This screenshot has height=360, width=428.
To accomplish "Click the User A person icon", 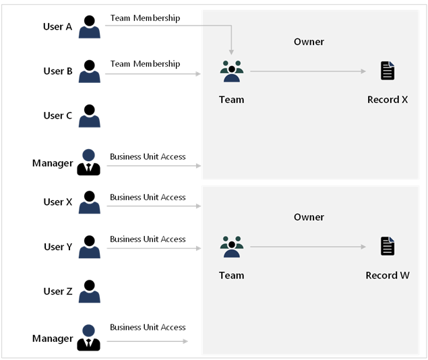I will tap(89, 27).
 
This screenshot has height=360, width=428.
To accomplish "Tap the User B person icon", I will tap(89, 71).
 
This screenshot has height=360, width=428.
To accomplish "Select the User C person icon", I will tap(89, 116).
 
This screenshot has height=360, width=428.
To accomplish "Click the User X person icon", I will tap(89, 202).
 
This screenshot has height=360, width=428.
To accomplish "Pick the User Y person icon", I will tap(89, 247).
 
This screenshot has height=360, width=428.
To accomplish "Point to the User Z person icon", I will tap(89, 291).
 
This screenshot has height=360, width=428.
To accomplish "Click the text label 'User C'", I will tap(58, 116).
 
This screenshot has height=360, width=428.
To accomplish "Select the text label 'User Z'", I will tap(58, 291).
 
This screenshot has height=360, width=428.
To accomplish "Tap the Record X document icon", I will tap(388, 71).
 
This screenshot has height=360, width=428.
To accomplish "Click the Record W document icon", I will tap(388, 246).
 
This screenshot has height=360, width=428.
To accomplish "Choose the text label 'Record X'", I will tap(388, 100).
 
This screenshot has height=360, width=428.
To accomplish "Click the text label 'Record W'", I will tap(388, 276).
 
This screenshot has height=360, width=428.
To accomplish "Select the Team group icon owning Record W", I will tap(231, 247).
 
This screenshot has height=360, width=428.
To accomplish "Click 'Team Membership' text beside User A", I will tap(145, 18).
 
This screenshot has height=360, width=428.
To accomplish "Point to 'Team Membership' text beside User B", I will tap(145, 64).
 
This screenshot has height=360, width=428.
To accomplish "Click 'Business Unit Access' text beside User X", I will tap(148, 198).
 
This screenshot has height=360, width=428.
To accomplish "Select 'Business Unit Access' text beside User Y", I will tap(148, 239).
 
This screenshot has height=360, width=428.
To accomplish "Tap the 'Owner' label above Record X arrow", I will tap(309, 42).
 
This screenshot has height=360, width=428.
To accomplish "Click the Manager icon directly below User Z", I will tap(89, 338).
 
